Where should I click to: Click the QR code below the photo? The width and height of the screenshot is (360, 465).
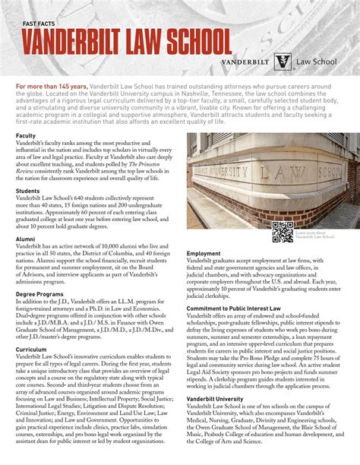tap(282, 232)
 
